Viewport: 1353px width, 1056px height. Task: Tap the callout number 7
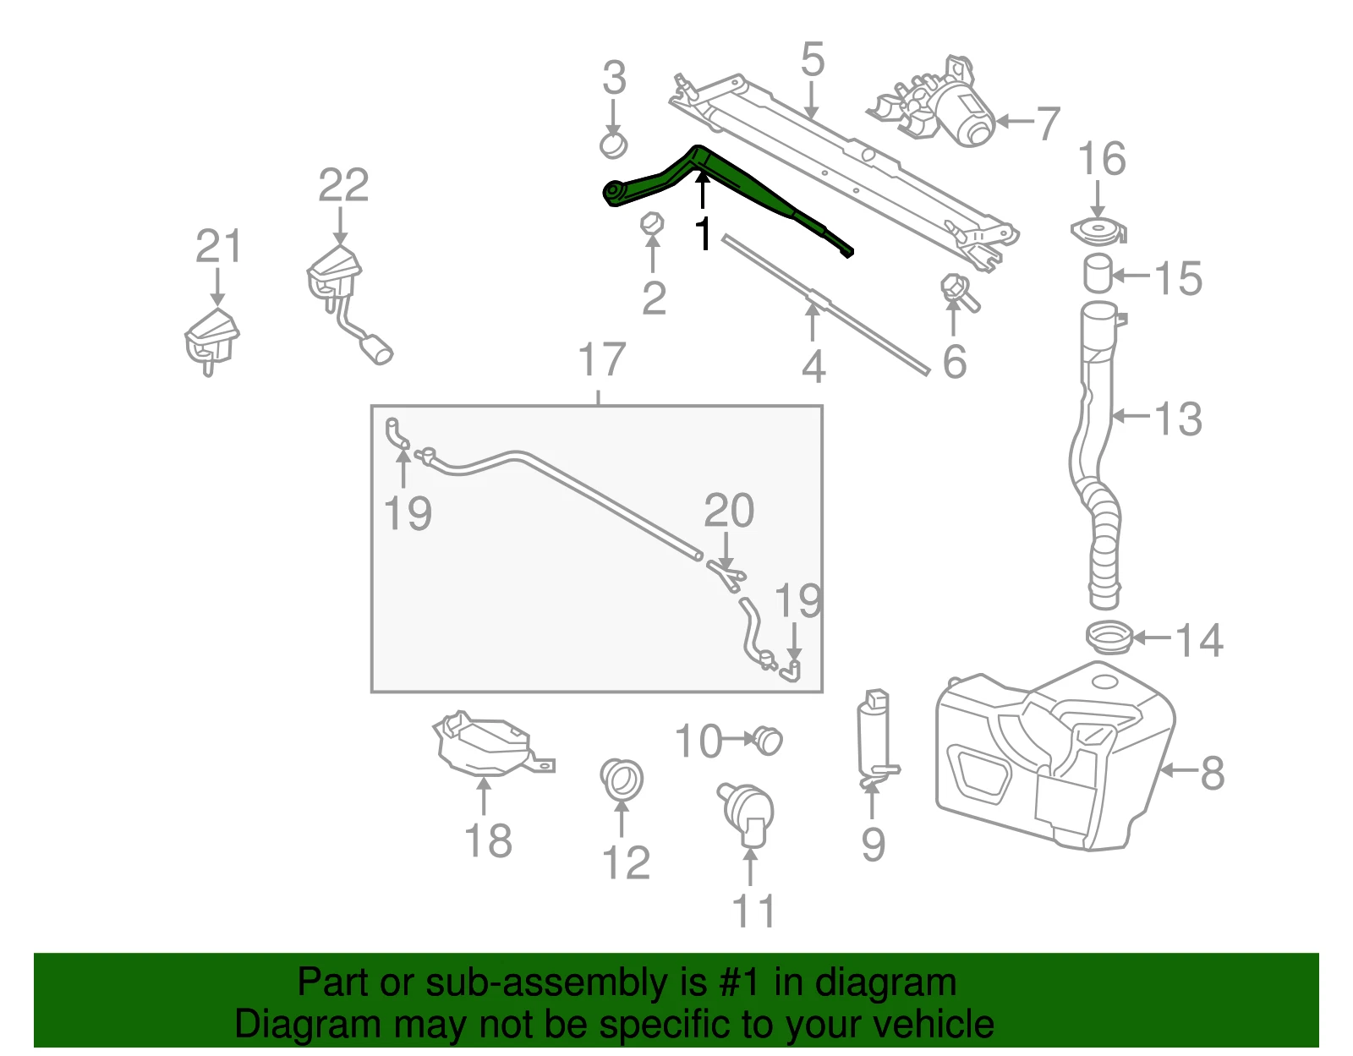pyautogui.click(x=1048, y=123)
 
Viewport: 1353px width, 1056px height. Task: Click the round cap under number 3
pyautogui.click(x=613, y=145)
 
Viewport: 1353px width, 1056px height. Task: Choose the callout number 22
pyautogui.click(x=343, y=185)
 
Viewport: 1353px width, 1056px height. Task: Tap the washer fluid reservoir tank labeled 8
pyautogui.click(x=1054, y=756)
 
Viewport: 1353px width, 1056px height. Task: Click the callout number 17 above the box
pyautogui.click(x=601, y=359)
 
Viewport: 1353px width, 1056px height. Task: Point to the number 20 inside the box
pyautogui.click(x=728, y=511)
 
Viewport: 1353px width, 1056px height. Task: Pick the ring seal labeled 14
pyautogui.click(x=1109, y=637)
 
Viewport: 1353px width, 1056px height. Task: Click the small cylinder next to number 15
pyautogui.click(x=1098, y=273)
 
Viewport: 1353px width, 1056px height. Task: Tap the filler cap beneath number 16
pyautogui.click(x=1098, y=231)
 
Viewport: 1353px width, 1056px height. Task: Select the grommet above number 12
pyautogui.click(x=622, y=779)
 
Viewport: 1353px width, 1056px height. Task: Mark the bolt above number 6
pyautogui.click(x=959, y=293)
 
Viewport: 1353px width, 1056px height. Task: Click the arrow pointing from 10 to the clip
pyautogui.click(x=738, y=739)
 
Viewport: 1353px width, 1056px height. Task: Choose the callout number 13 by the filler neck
pyautogui.click(x=1178, y=419)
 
